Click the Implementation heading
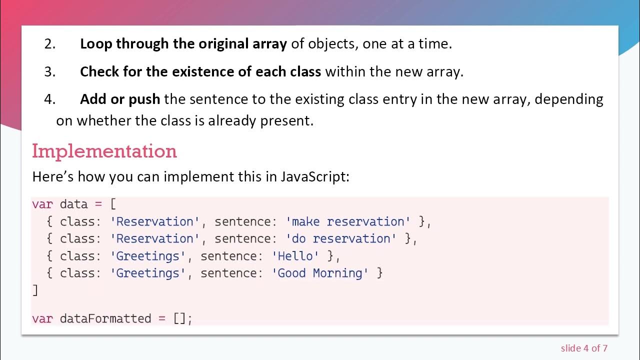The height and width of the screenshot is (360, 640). (x=104, y=151)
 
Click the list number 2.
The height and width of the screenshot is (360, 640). (x=49, y=44)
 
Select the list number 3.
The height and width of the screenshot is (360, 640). (x=49, y=72)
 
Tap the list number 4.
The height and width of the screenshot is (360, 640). (x=49, y=99)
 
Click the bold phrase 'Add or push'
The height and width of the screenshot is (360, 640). (x=120, y=99)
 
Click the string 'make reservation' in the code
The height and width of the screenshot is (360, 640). (x=348, y=221)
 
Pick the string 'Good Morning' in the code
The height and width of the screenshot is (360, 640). (x=320, y=273)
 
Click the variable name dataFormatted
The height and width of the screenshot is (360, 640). (x=105, y=318)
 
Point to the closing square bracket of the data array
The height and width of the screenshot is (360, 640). (x=35, y=290)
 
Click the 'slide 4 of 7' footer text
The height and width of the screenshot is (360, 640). (x=583, y=348)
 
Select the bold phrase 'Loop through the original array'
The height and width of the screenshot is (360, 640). (x=183, y=44)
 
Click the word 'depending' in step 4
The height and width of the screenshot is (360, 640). (x=569, y=99)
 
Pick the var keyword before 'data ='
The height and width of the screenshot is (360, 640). (x=42, y=204)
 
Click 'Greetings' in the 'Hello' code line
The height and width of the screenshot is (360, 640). (x=148, y=256)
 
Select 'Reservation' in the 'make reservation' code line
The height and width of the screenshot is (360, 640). (x=155, y=221)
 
